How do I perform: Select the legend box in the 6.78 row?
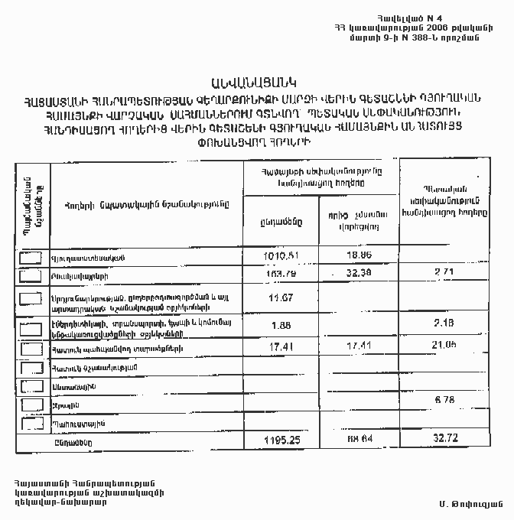point(31,404)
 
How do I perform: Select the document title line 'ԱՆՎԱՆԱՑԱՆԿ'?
point(257,81)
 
